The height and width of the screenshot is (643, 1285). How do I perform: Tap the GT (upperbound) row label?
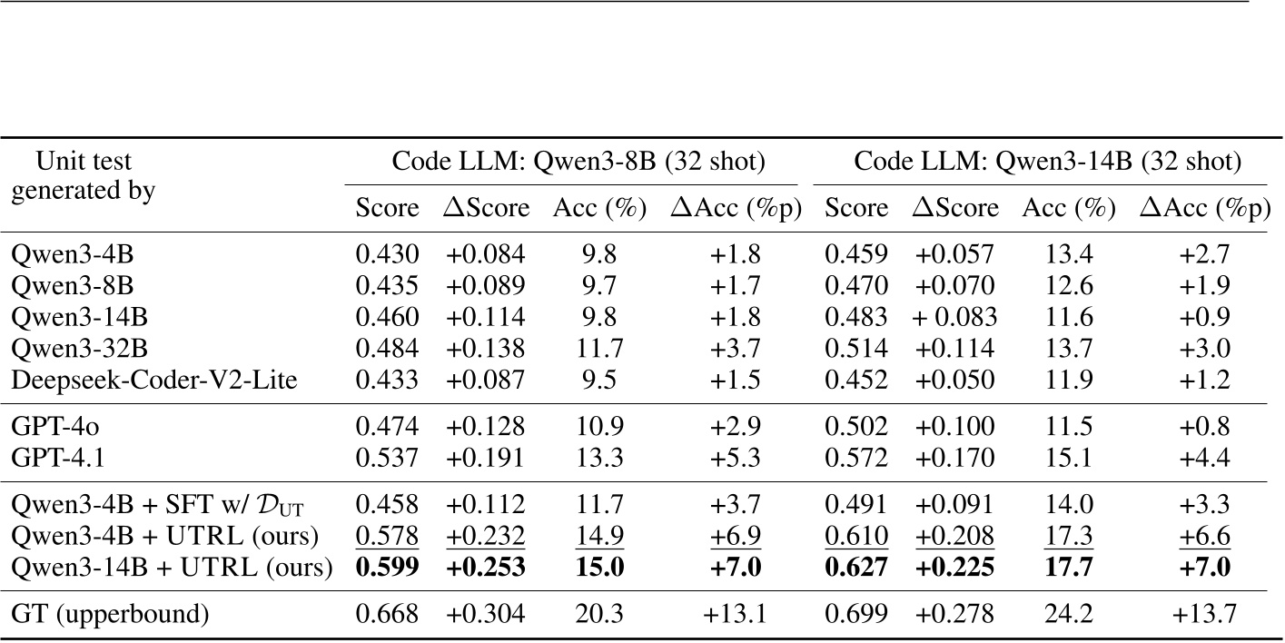click(110, 615)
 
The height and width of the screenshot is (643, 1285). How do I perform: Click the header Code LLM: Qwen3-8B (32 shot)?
click(578, 162)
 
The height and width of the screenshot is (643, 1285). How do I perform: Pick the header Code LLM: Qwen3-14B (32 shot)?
click(1046, 162)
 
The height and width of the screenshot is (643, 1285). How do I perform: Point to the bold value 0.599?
click(387, 568)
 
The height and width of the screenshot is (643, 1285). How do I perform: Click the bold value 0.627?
click(855, 568)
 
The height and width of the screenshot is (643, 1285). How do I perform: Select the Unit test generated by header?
click(83, 176)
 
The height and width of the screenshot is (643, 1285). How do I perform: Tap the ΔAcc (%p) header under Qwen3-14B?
click(1203, 208)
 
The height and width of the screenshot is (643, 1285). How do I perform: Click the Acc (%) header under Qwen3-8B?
click(599, 208)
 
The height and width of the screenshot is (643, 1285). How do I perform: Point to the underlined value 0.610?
click(855, 537)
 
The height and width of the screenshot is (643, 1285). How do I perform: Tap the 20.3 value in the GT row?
click(599, 615)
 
